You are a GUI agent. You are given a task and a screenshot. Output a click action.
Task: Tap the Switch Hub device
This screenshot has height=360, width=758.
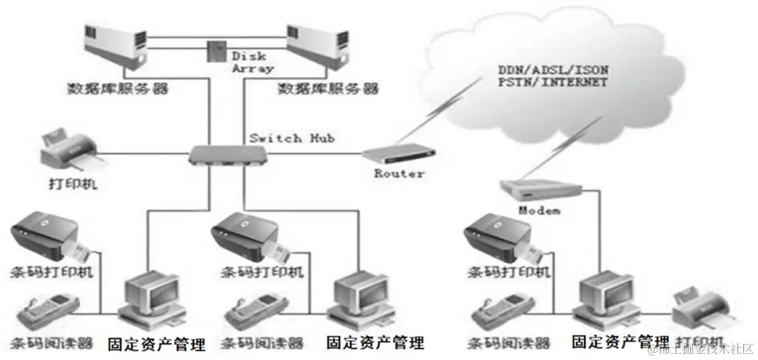[229, 155]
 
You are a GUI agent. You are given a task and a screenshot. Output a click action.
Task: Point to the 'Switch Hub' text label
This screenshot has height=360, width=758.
[291, 138]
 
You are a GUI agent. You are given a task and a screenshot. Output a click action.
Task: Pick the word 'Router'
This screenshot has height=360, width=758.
[399, 173]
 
